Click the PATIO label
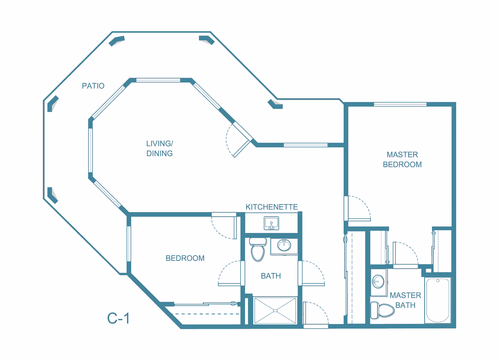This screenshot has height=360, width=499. click(93, 86)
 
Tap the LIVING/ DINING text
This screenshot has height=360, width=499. click(160, 148)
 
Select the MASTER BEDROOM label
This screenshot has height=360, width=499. click(402, 160)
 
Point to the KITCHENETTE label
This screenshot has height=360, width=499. click(272, 207)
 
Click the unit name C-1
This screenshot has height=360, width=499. click(119, 318)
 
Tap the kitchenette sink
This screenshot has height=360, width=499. click(271, 223)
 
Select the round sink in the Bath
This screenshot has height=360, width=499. click(284, 245)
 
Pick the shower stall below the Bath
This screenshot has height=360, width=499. click(275, 311)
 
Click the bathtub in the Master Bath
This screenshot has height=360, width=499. click(438, 300)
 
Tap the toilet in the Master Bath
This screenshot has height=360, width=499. click(382, 310)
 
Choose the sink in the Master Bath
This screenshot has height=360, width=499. click(378, 282)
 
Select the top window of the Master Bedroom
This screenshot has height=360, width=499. click(400, 104)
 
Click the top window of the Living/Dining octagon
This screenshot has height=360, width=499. click(158, 80)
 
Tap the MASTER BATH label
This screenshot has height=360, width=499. click(405, 300)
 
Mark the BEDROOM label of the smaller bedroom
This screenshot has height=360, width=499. click(185, 258)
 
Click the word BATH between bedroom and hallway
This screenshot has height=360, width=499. click(271, 276)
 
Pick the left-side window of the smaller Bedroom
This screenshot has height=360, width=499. click(129, 244)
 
